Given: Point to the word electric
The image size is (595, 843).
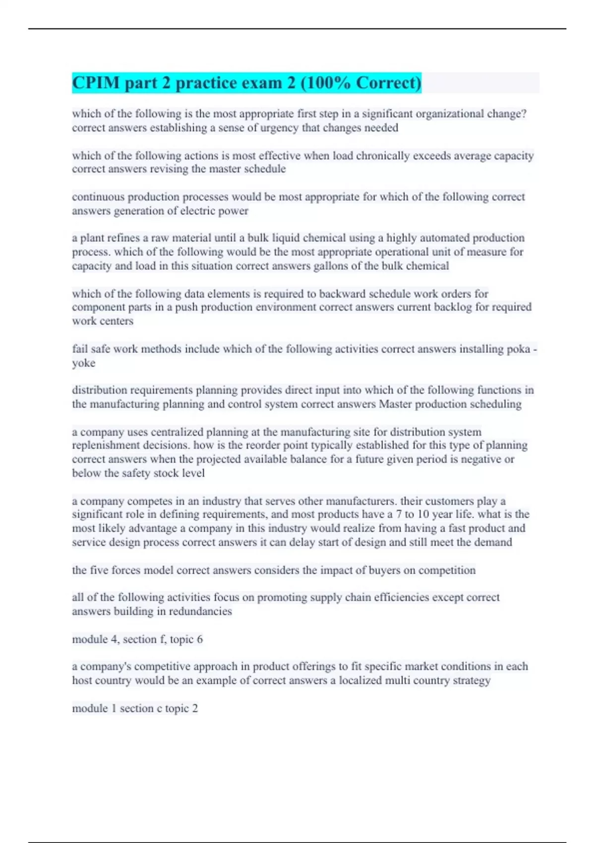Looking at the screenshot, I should click(x=199, y=211).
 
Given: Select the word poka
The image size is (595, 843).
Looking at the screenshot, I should click(x=518, y=349).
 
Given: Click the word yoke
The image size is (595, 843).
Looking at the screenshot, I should click(x=83, y=363).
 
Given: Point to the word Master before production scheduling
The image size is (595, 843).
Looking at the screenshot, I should click(x=395, y=404).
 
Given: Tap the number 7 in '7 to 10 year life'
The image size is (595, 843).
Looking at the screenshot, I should click(x=399, y=514).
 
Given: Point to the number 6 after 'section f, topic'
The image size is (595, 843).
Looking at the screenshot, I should click(x=200, y=639).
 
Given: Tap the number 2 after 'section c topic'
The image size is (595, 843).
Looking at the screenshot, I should click(x=195, y=708).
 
